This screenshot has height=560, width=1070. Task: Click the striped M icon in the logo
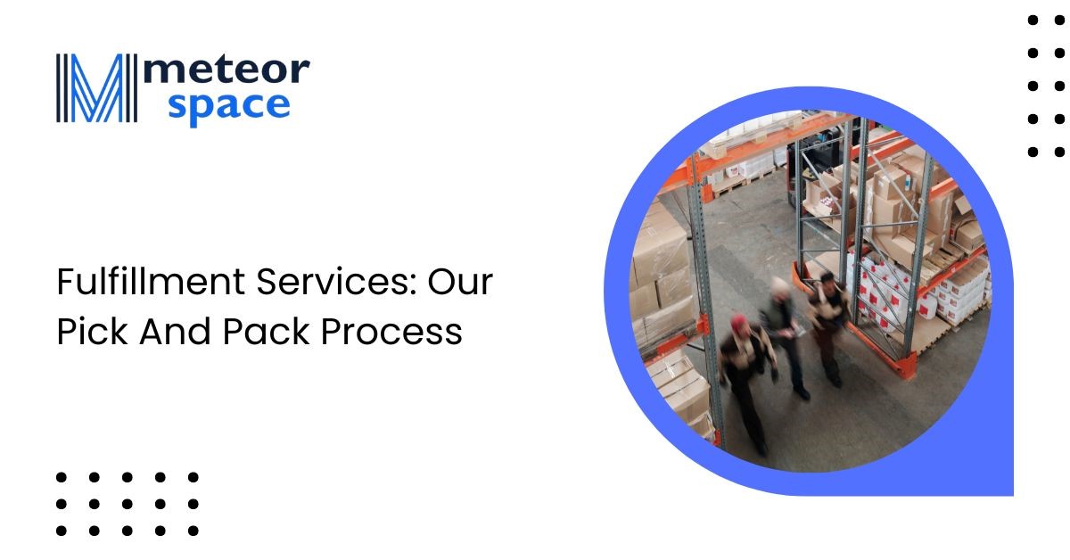(94, 88)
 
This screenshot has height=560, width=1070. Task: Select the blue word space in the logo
(228, 106)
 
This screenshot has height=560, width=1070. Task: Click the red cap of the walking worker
(738, 322)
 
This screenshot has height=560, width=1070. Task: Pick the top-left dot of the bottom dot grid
(62, 478)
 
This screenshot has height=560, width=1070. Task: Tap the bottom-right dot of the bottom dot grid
(193, 531)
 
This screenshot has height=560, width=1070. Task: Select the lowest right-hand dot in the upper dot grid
(1059, 152)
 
